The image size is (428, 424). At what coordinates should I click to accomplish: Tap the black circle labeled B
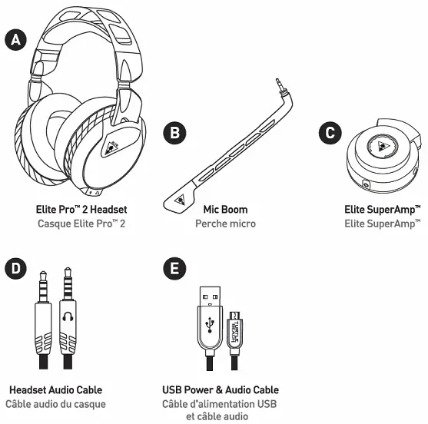coord(176,133)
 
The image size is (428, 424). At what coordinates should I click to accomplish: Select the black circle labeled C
coord(330,133)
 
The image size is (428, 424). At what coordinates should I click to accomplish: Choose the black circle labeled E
coord(176,269)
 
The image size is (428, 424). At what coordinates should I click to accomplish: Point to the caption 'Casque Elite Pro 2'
coord(81,224)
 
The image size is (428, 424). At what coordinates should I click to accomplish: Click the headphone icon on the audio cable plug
coord(67,316)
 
